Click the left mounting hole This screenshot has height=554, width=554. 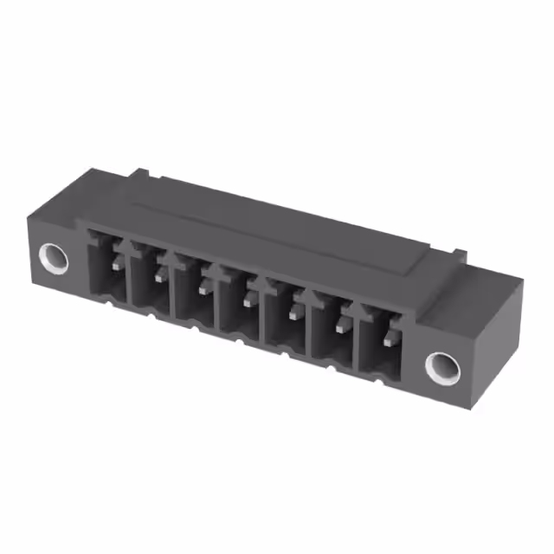(55, 256)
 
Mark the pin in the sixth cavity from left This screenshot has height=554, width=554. (341, 324)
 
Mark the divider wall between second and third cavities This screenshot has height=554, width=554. (172, 290)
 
